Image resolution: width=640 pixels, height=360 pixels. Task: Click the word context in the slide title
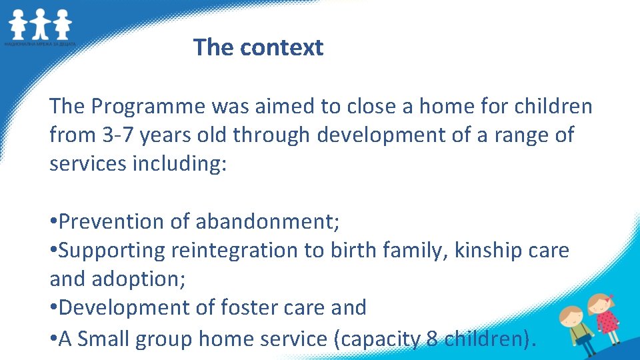[x=281, y=47]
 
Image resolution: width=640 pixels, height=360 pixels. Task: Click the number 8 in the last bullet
[x=431, y=339]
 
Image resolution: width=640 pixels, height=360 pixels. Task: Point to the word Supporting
[x=113, y=250]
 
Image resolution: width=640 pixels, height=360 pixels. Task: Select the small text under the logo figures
[x=40, y=44]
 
